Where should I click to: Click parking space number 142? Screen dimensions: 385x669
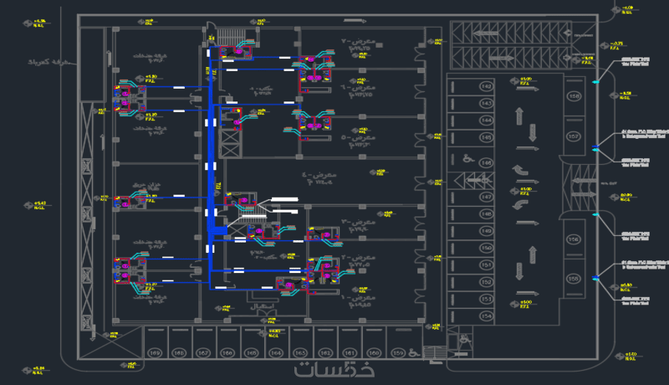486,86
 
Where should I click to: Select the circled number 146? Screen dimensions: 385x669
486,162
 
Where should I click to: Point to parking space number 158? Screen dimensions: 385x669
574,97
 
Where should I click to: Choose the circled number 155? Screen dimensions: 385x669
574,278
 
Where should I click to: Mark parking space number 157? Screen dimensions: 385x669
574,136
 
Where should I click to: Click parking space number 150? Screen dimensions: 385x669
486,248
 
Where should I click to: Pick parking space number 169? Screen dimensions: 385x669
156,353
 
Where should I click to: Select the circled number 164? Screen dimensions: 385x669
276,353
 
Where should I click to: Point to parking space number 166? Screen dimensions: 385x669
227,353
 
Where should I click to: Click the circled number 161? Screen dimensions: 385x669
350,353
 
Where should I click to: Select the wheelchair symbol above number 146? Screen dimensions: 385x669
467,156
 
